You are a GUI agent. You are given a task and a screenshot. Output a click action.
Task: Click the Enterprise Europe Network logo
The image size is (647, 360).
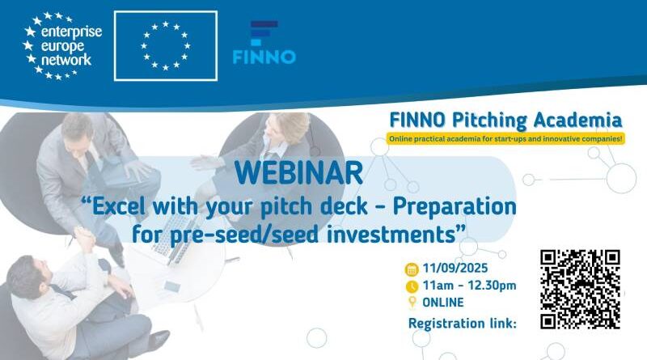(x=58, y=46)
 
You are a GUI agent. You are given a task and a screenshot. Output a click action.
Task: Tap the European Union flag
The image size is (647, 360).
(x=166, y=46)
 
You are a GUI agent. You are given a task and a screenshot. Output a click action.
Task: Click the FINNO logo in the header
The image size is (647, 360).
(x=264, y=44)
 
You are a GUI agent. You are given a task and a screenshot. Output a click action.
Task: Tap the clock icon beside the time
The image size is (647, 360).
(x=412, y=286)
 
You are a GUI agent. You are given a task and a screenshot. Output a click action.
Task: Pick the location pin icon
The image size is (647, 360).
(x=412, y=303)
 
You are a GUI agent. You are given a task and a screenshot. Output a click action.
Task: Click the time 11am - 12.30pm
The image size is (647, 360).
(x=463, y=286)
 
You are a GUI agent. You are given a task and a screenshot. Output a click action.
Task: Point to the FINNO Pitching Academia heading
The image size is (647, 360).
(x=506, y=121)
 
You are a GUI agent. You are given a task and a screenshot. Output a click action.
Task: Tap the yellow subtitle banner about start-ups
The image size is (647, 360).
(x=505, y=139)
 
